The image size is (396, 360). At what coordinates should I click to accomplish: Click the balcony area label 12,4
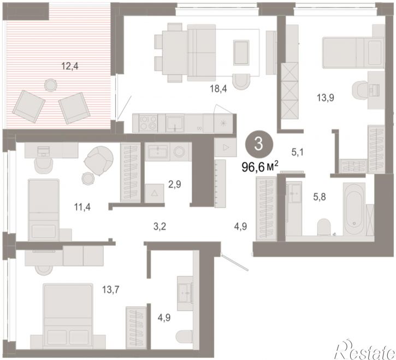click(x=70, y=67)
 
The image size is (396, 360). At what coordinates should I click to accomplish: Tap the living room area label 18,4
click(x=218, y=88)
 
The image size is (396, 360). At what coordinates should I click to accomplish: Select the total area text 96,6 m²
click(x=260, y=167)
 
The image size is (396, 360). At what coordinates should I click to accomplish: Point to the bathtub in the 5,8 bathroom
click(x=354, y=209)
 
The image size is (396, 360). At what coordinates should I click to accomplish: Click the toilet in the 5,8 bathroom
click(x=324, y=227)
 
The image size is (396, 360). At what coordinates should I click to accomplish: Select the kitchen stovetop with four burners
click(x=148, y=123)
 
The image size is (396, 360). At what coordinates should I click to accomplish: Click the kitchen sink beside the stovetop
click(x=175, y=123)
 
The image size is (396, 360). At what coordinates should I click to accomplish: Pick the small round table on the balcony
click(x=51, y=85)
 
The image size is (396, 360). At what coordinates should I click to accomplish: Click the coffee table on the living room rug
click(x=241, y=52)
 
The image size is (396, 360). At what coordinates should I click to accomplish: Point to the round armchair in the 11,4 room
click(x=98, y=161)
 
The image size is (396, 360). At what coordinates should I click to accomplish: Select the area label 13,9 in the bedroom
click(x=326, y=97)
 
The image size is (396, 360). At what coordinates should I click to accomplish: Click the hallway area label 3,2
click(x=159, y=227)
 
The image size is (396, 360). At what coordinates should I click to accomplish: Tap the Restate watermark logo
click(x=365, y=350)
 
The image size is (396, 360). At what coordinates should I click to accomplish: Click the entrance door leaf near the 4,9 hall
click(x=235, y=263)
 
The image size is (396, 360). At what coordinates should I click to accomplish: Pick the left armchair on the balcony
click(x=29, y=106)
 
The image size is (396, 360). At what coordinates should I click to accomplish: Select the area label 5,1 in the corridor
click(x=297, y=152)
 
